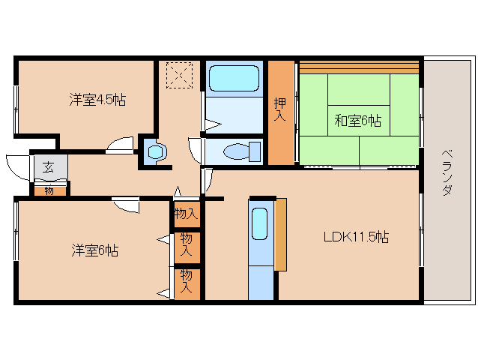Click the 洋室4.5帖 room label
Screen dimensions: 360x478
coord(97,99)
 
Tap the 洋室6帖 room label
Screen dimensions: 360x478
coord(94,250)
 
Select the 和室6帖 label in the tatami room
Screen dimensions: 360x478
coord(357,120)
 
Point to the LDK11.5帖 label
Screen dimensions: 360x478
coord(355,237)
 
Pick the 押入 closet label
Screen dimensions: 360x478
coord(281,109)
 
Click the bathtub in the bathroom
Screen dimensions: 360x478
coord(233,79)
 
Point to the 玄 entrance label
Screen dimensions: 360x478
coord(49,166)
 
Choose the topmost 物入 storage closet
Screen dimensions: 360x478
coord(186,214)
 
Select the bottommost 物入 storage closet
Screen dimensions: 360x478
coord(186,283)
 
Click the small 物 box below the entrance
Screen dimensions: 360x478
coord(49,190)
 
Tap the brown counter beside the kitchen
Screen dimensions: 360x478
coord(280,234)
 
